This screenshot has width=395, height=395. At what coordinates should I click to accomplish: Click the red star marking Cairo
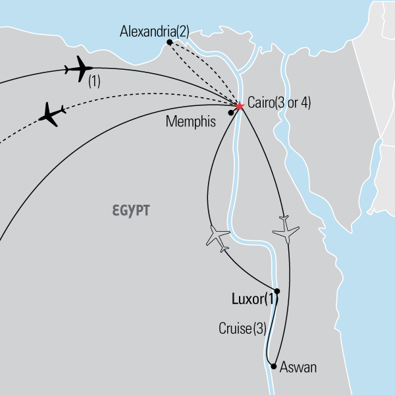(239, 105)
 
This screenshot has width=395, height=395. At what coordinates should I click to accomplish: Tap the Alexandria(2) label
(155, 30)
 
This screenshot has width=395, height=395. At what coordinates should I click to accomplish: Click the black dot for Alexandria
(170, 42)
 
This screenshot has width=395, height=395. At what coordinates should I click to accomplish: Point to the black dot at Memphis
(230, 113)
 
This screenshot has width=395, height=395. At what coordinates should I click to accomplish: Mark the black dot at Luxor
(276, 291)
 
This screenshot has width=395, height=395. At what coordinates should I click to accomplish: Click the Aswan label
(298, 367)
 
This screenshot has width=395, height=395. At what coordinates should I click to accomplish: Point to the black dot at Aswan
(273, 366)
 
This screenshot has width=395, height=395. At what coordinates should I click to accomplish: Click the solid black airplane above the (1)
(79, 68)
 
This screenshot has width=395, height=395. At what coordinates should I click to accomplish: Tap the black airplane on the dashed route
(53, 115)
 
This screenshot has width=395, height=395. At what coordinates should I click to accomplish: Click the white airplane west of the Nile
(218, 236)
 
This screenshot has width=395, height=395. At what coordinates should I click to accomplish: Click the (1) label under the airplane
(94, 83)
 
